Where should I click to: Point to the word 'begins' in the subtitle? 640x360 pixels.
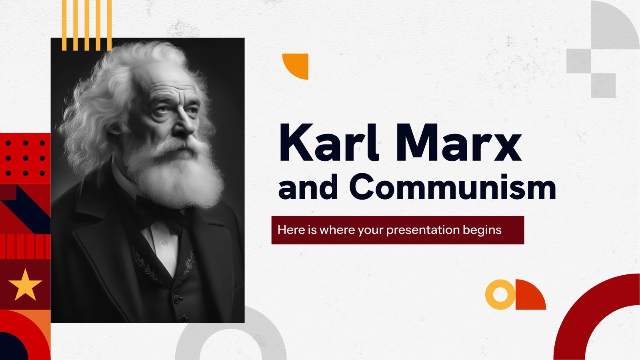482,230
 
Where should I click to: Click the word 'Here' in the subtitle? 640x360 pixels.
288,230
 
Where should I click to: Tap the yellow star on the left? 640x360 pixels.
25,284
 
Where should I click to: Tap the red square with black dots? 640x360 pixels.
25,158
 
